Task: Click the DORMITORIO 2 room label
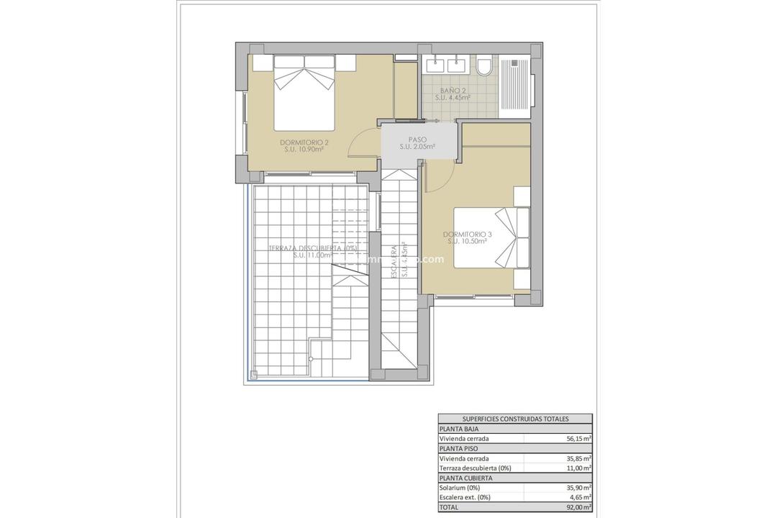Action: pos(304,142)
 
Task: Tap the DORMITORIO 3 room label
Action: pos(468,235)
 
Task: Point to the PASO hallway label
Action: pos(418,140)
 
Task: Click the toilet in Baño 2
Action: pos(484,67)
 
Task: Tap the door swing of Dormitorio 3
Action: pos(439,176)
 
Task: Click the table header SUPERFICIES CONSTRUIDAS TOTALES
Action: pos(515,419)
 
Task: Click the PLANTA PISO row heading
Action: pos(458,448)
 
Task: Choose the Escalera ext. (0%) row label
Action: pos(465,497)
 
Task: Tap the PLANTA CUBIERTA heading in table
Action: pos(466,478)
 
